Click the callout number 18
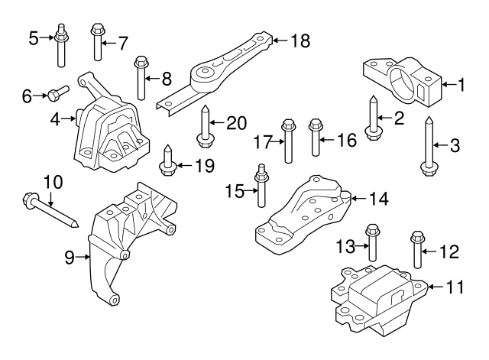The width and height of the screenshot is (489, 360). click(300, 41)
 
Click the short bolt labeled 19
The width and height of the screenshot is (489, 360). click(167, 161)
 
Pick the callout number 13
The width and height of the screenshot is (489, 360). click(346, 245)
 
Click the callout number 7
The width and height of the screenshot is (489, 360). click(122, 43)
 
